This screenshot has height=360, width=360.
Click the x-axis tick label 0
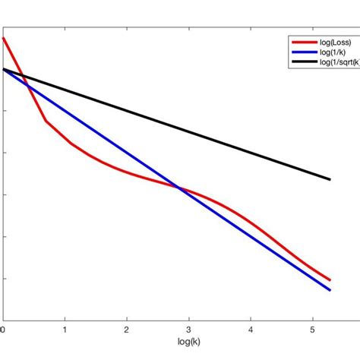tap(3, 330)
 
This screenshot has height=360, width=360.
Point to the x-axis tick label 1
tap(65, 330)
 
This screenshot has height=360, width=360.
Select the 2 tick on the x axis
tap(128, 330)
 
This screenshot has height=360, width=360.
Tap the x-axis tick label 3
tap(189, 330)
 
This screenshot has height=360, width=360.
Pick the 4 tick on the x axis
tap(251, 330)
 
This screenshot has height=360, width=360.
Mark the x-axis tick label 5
tap(313, 330)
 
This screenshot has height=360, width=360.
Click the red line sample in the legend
tap(299, 42)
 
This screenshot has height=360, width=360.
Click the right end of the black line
tap(330, 179)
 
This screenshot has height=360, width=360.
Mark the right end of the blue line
tap(330, 289)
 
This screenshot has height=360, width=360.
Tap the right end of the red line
tap(330, 280)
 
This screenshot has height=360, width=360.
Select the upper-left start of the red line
tap(3, 37)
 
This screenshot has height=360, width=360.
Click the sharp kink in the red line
tap(46, 121)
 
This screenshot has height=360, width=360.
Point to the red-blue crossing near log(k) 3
tap(179, 188)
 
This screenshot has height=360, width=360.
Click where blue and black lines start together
tap(4, 69)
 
